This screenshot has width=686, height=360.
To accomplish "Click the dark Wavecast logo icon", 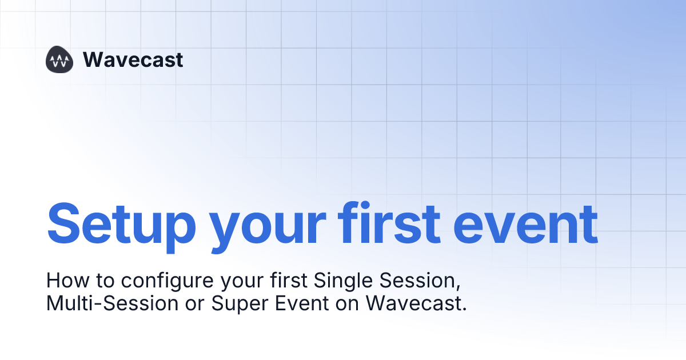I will [60, 59].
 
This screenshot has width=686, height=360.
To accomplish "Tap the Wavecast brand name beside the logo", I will [133, 59].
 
